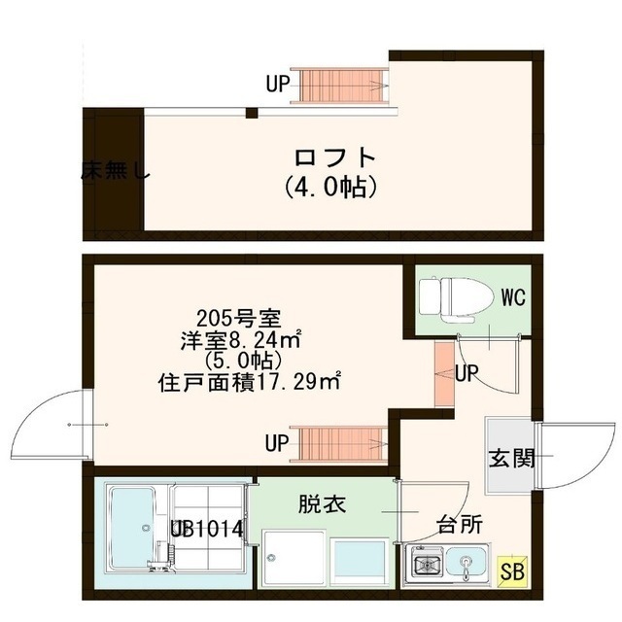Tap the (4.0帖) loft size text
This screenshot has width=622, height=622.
click(331, 186)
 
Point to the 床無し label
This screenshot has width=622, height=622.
click(115, 174)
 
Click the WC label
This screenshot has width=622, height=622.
click(513, 297)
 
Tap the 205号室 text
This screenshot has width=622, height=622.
click(238, 319)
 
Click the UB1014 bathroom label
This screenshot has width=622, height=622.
click(208, 530)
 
